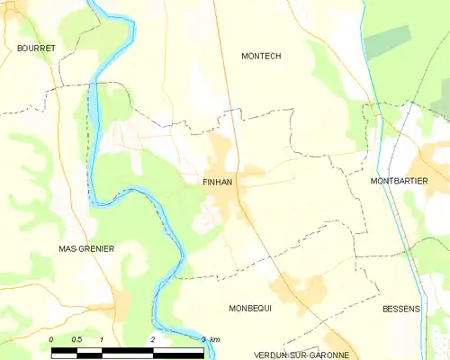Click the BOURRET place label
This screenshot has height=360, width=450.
pos(36,47)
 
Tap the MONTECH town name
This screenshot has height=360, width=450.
pos(261,56)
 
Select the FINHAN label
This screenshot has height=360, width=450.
pos(218,181)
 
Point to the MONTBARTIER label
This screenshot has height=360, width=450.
pos(399,181)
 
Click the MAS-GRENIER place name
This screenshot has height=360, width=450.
pos(86,248)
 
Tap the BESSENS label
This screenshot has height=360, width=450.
pos(400,309)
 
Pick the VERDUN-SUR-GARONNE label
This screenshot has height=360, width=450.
pos(301,355)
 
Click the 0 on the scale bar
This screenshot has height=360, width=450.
pos(51,338)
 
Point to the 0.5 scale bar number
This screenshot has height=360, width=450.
pos(76,338)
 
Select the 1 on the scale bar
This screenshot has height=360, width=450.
pos(103,338)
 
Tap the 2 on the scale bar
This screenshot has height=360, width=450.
pos(153,338)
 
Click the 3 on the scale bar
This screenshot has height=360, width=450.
pos(203,338)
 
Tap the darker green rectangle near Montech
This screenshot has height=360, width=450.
pos(387,41)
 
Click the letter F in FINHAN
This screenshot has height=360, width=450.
pos(206,181)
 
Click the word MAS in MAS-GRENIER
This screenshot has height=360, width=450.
pos(67,248)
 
